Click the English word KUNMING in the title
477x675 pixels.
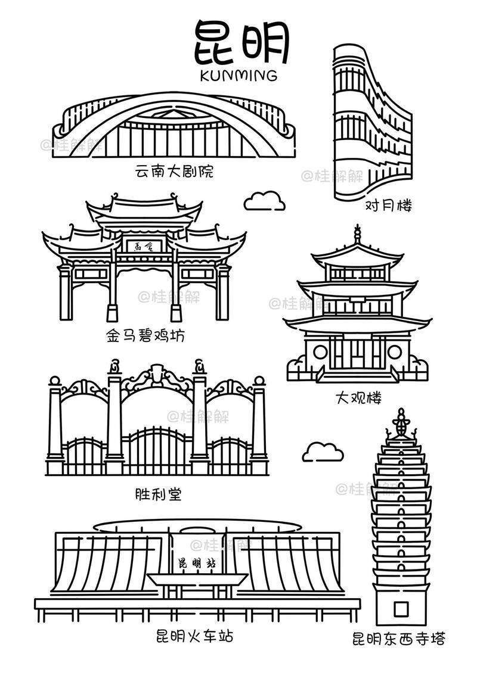click(x=238, y=76)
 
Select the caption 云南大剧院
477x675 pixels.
click(x=174, y=173)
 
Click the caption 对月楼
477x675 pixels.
click(x=388, y=206)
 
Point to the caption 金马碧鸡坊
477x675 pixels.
click(x=145, y=336)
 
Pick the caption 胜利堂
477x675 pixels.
click(x=158, y=494)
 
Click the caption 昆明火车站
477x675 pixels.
click(x=194, y=636)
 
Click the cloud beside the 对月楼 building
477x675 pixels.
click(x=265, y=201)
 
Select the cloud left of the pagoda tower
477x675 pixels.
click(x=323, y=452)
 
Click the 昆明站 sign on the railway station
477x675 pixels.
click(x=197, y=563)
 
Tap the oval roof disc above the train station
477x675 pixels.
click(x=197, y=526)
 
